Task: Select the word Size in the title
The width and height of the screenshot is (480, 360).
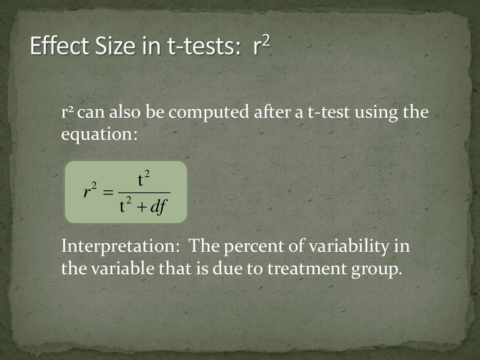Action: pos(110,46)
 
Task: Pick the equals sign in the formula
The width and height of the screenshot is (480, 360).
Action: pos(108,192)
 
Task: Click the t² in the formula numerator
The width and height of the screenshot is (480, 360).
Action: pos(143,180)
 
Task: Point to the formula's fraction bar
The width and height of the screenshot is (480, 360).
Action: pos(144,192)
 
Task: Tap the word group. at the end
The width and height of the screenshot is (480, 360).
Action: pos(376,270)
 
